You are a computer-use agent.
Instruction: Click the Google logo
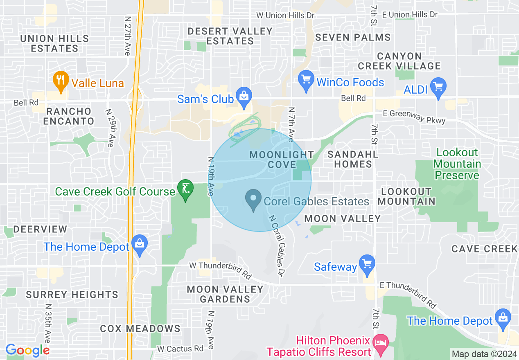point(27,350)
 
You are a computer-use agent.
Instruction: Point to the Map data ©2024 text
point(484,353)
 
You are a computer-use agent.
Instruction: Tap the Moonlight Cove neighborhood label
point(282,160)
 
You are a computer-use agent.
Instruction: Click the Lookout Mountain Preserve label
point(457,164)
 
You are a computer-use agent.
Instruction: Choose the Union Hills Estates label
point(54,43)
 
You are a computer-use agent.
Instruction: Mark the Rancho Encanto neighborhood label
point(69,116)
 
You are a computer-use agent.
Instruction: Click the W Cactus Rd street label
point(180,349)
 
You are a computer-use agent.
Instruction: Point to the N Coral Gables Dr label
point(277,245)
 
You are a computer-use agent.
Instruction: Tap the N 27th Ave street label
point(127,36)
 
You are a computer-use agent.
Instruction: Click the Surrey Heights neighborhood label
point(72,295)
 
